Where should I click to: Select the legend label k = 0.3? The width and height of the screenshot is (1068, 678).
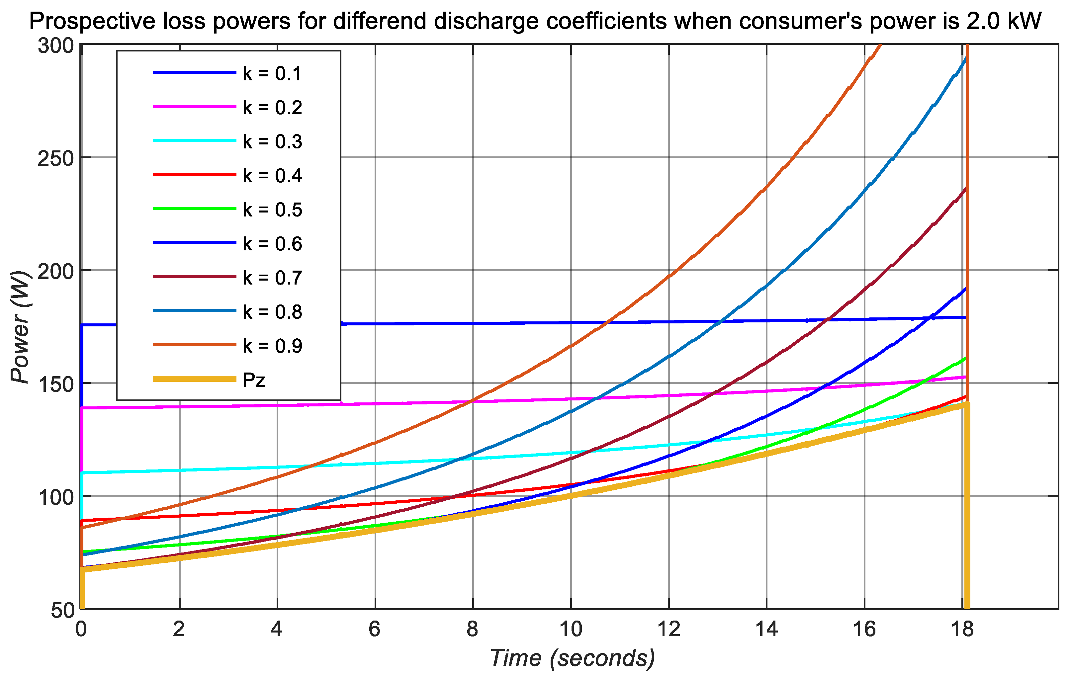pos(272,141)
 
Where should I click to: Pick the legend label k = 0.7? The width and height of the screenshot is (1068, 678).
pos(272,278)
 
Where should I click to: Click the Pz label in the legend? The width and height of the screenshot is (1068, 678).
pos(254,380)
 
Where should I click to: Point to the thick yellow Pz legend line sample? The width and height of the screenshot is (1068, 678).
pos(194,379)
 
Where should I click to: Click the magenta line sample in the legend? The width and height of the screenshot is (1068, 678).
pos(194,107)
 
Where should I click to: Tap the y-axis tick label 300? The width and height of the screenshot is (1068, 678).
pos(55,46)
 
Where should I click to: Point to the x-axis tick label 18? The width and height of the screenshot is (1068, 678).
pos(962,629)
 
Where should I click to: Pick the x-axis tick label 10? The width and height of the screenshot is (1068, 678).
pos(571,629)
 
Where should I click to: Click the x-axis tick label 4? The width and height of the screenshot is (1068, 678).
pos(276,629)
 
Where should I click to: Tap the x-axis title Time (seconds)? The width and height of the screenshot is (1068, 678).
pos(572,658)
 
